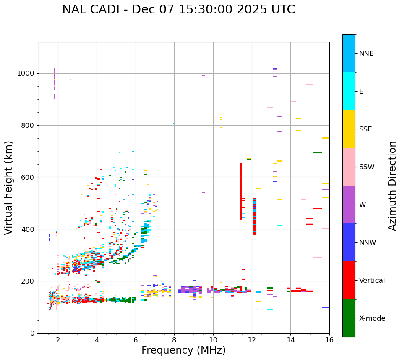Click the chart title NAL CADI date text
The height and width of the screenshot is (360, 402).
coord(178,10)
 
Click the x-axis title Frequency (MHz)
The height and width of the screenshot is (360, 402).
coord(183,350)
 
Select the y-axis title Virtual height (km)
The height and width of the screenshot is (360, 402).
coord(9,188)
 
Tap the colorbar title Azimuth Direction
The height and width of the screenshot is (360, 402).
coord(392,186)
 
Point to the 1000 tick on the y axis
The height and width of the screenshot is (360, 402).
coord(28,73)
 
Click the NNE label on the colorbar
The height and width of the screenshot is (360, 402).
coord(366,54)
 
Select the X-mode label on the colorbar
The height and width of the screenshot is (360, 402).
coord(372,318)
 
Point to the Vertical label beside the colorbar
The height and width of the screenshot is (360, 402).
coord(372,281)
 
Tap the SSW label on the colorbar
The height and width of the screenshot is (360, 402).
coord(367,167)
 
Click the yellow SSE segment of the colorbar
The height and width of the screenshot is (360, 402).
coord(349,129)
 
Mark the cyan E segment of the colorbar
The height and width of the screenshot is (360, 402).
coord(349,91)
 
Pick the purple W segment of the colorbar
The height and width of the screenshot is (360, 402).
coord(349,205)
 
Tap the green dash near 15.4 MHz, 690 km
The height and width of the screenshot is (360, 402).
coord(318,153)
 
